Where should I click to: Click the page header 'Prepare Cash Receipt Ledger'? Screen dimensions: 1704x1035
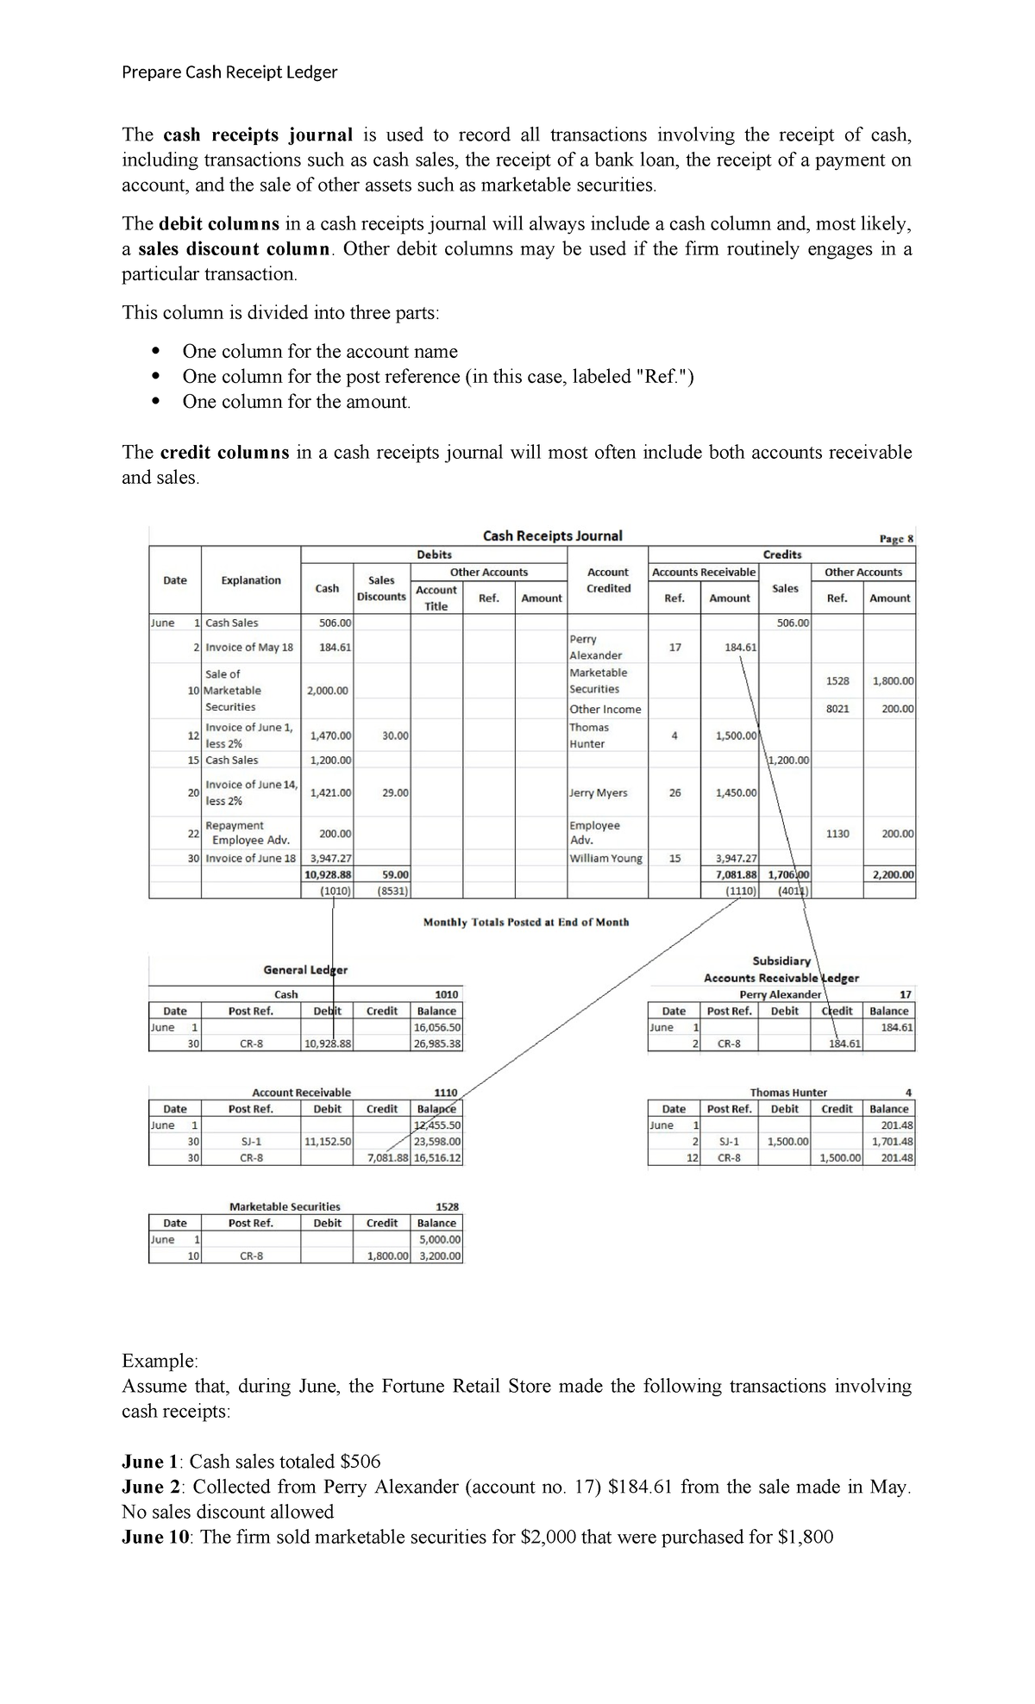tap(229, 72)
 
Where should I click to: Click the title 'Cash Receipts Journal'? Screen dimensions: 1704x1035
tap(552, 536)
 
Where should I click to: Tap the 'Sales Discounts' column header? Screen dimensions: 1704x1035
tap(381, 588)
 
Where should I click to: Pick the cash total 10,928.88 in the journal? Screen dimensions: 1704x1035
tap(328, 874)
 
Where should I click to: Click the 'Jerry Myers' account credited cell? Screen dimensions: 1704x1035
tap(598, 792)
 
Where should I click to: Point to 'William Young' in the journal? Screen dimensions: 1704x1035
tap(605, 858)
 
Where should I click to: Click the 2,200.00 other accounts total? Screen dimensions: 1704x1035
tap(891, 874)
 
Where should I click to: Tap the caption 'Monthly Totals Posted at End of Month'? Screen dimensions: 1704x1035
tap(526, 922)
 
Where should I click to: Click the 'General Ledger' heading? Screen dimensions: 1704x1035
tap(305, 970)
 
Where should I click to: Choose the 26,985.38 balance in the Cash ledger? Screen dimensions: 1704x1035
tap(436, 1043)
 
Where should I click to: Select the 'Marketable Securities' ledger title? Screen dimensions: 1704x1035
tap(285, 1206)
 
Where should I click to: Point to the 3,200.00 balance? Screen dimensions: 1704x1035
tap(439, 1256)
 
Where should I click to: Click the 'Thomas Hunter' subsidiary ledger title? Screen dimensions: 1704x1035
tap(788, 1093)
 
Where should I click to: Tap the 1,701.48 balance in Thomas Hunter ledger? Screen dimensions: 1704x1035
tap(892, 1142)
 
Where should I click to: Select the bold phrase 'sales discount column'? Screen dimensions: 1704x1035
tap(235, 249)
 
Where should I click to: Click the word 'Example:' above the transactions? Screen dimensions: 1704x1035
tap(160, 1361)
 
